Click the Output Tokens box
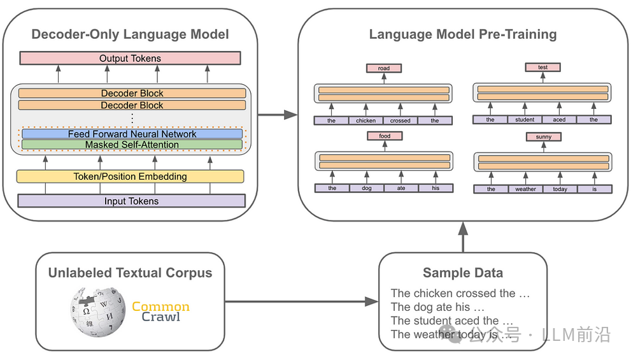pyautogui.click(x=130, y=59)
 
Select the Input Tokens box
pyautogui.click(x=131, y=201)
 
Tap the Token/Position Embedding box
pyautogui.click(x=130, y=176)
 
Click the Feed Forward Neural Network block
pyautogui.click(x=132, y=134)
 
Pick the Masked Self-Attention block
pyautogui.click(x=132, y=145)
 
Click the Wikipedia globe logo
pyautogui.click(x=96, y=313)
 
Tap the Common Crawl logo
pyautogui.click(x=160, y=312)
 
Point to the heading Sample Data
pyautogui.click(x=462, y=273)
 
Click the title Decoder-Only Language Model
pyautogui.click(x=130, y=34)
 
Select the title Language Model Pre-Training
pyautogui.click(x=462, y=34)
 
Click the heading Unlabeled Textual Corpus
pyautogui.click(x=130, y=273)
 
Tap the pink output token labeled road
pyautogui.click(x=383, y=68)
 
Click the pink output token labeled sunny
pyautogui.click(x=543, y=137)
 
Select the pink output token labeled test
pyautogui.click(x=542, y=68)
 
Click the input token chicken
pyautogui.click(x=366, y=120)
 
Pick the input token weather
pyautogui.click(x=525, y=189)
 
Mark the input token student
pyautogui.click(x=525, y=120)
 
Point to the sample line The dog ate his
pyautogui.click(x=430, y=307)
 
